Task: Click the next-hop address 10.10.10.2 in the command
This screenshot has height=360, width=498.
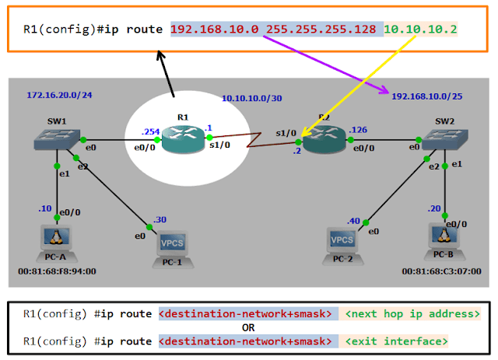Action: coord(420,30)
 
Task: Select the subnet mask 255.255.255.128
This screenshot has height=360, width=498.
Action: coord(322,30)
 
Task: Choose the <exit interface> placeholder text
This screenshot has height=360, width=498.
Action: coord(397,341)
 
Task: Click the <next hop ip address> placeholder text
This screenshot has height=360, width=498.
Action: coord(412,314)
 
